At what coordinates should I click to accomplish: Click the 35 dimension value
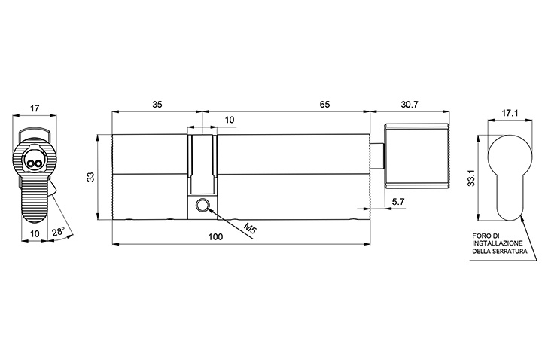[x=157, y=105]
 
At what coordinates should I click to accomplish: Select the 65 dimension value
[x=324, y=105]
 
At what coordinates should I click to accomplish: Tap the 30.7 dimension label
[x=410, y=105]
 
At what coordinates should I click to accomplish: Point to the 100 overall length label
[x=215, y=237]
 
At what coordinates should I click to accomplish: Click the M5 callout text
[x=250, y=229]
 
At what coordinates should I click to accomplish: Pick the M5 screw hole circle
[x=202, y=206]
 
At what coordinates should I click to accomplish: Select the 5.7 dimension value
[x=398, y=202]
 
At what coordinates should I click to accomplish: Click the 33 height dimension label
[x=91, y=177]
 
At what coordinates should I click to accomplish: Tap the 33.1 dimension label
[x=470, y=178]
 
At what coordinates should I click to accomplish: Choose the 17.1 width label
[x=510, y=113]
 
